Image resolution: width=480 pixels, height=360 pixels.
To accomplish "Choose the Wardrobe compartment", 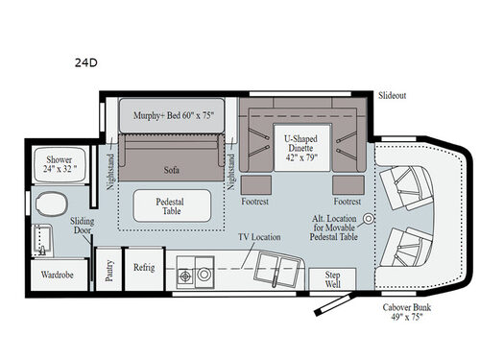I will [x=58, y=274].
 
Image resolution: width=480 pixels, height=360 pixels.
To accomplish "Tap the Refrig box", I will [x=144, y=268].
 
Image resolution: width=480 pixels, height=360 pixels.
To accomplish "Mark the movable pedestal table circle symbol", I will [x=367, y=219].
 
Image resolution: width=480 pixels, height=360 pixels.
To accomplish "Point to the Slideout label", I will [x=392, y=96].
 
